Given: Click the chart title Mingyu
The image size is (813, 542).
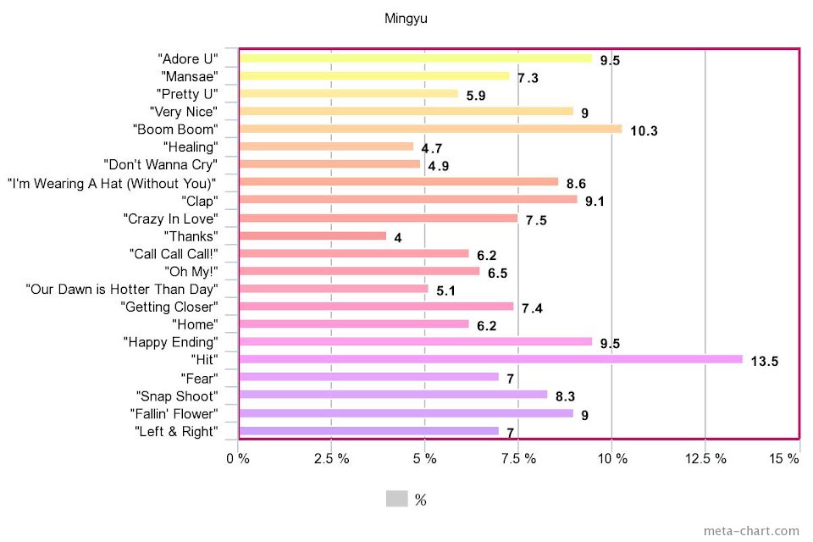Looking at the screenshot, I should [x=406, y=18].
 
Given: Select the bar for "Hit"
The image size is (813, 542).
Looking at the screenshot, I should [x=491, y=359].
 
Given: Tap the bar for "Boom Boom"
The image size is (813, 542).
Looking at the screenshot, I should [x=430, y=129].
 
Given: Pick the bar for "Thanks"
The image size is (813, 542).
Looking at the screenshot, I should [x=312, y=235].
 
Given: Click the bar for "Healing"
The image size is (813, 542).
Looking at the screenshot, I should [x=326, y=147].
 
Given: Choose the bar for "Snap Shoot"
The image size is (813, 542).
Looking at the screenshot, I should [x=393, y=395].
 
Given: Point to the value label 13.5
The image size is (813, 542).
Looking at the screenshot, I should [x=764, y=362].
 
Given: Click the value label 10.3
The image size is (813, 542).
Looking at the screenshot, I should [x=644, y=131].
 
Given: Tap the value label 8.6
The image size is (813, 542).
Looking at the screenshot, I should [x=577, y=184].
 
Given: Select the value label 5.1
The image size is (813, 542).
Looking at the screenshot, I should [x=446, y=290].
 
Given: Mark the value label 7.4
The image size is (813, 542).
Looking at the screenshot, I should [x=532, y=308].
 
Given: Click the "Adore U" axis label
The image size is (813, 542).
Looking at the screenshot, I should [x=188, y=58].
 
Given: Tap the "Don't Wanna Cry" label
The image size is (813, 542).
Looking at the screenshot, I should [x=160, y=164].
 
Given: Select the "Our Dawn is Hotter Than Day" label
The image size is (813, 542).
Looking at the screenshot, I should [x=122, y=289].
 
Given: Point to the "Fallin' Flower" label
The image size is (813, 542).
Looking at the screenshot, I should [x=174, y=413].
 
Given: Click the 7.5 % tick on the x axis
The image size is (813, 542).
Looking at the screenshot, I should [x=518, y=459].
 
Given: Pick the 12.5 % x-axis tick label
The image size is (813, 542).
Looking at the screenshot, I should [x=705, y=459].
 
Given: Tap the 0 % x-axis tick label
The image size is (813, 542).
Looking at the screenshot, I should [x=237, y=459].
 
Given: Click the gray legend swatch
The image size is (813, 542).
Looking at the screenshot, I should [x=396, y=499].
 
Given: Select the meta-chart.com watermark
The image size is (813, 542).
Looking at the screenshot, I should [x=751, y=531].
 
